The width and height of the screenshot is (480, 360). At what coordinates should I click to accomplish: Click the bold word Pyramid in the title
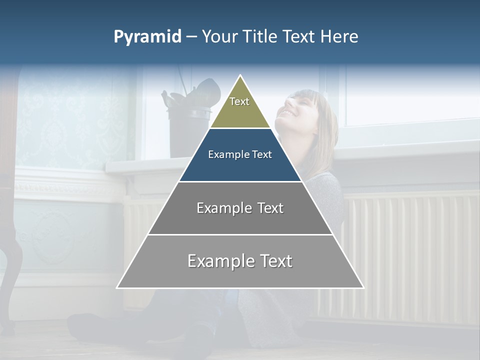pos(147,37)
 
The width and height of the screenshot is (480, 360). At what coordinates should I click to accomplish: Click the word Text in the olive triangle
pos(239,101)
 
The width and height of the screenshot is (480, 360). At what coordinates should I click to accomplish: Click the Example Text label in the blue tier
pos(240,154)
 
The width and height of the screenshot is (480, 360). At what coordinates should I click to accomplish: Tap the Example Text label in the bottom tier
pos(240,261)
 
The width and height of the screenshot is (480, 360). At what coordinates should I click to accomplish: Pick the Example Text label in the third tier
pos(240,208)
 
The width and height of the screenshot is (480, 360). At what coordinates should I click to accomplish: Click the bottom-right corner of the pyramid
pos(363,287)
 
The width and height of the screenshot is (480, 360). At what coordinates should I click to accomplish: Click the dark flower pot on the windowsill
pos(187,130)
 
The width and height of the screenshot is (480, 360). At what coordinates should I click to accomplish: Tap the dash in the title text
pos(191,37)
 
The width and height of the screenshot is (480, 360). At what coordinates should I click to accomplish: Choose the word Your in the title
pos(220,37)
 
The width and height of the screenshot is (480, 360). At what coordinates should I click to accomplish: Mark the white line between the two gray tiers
pos(240,234)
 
